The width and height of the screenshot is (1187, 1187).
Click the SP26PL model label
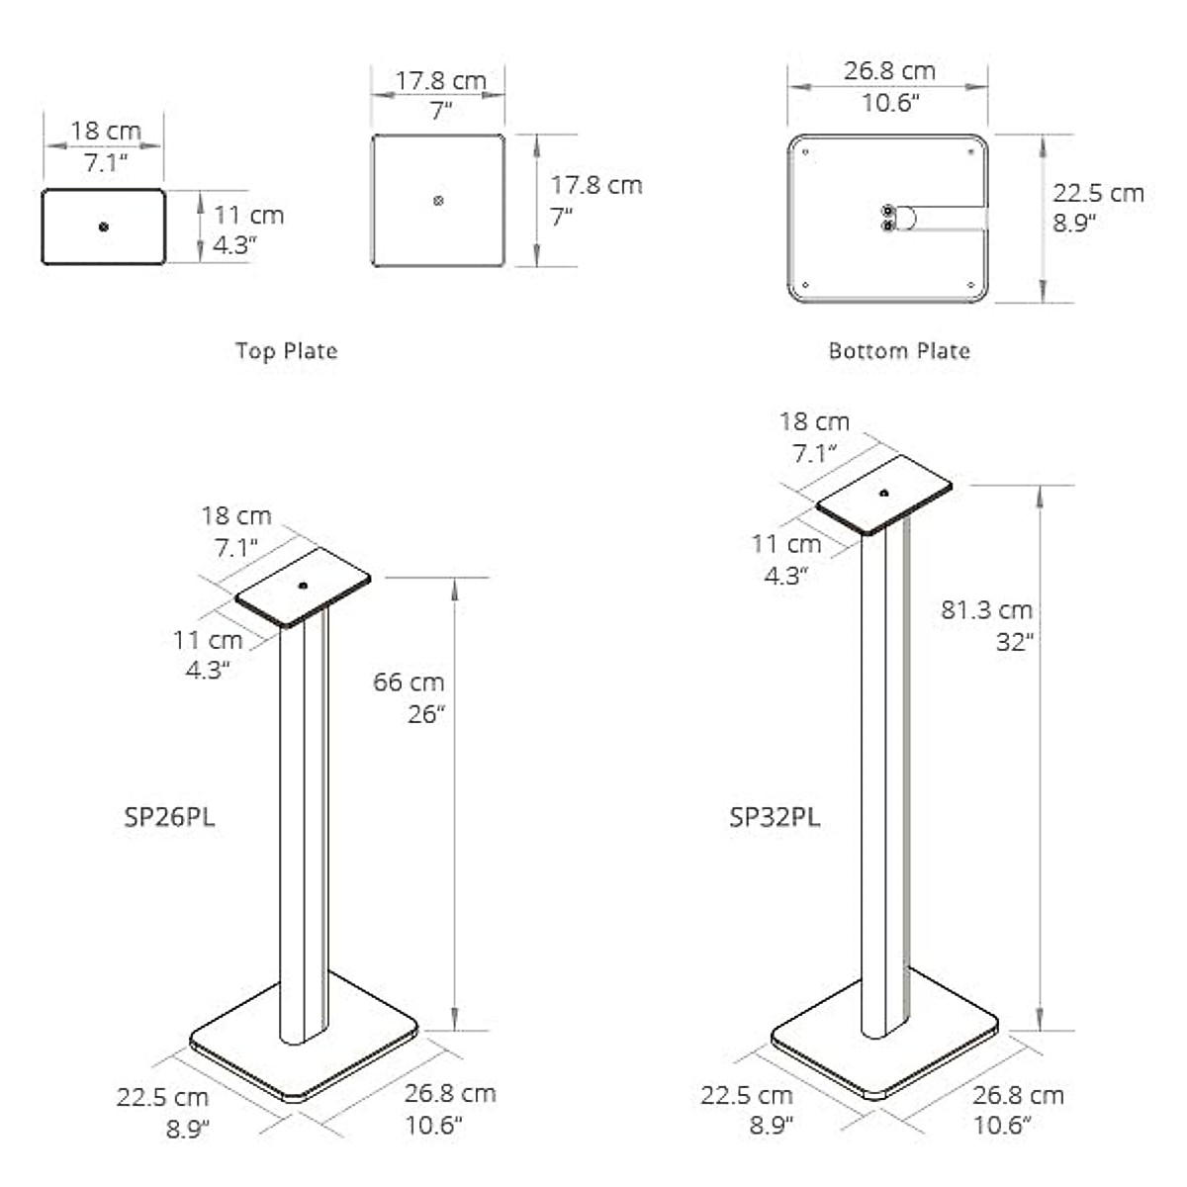click(x=169, y=817)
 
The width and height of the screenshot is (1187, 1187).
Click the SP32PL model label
click(x=775, y=817)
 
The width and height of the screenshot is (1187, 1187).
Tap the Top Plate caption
click(x=286, y=351)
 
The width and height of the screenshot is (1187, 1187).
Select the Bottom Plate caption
click(x=898, y=351)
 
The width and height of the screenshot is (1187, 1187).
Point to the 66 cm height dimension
click(x=409, y=682)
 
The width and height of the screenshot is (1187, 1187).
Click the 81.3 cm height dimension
click(x=986, y=609)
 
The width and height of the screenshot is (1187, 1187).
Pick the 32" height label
click(x=1014, y=642)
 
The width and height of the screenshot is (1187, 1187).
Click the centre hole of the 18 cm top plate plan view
click(x=104, y=227)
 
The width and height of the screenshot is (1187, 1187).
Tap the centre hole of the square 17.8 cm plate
click(x=438, y=201)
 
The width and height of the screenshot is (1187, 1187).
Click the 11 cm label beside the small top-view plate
click(x=248, y=215)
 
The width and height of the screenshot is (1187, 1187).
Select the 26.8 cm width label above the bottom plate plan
click(x=889, y=71)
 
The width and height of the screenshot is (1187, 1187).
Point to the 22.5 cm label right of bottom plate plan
click(x=1098, y=193)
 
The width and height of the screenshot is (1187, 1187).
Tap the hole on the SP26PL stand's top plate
click(x=302, y=586)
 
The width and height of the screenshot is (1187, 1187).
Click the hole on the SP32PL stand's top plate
click(x=883, y=492)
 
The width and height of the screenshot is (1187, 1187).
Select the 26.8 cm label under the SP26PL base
click(x=449, y=1093)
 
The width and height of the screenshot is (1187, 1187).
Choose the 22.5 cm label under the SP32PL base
click(x=746, y=1095)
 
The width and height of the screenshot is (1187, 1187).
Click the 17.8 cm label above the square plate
click(x=440, y=81)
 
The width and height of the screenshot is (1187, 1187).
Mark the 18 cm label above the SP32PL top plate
click(x=813, y=421)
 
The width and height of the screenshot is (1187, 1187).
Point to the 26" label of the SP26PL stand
click(x=426, y=714)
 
